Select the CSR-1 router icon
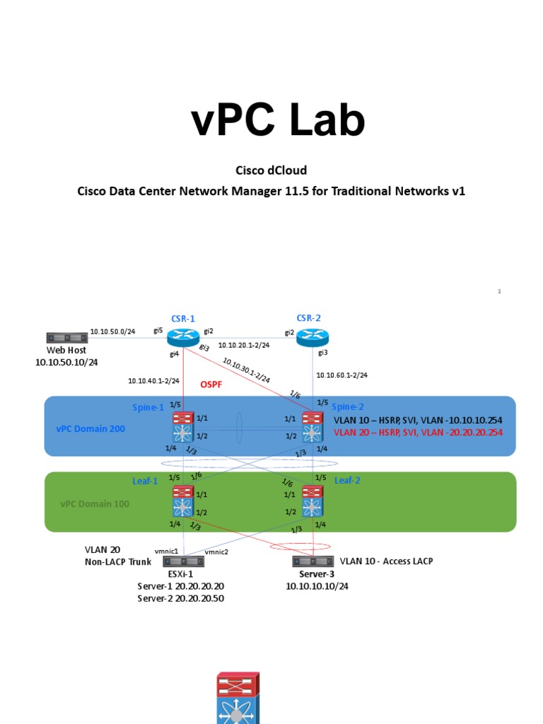click(x=183, y=338)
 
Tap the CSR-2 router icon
click(x=308, y=338)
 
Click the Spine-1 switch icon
click(x=183, y=428)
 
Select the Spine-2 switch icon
click(x=312, y=428)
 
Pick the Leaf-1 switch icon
click(x=183, y=501)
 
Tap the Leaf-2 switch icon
click(x=312, y=501)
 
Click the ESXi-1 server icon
click(x=183, y=561)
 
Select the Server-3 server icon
click(x=312, y=561)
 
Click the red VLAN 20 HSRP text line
click(x=418, y=431)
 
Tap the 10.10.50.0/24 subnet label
click(x=112, y=331)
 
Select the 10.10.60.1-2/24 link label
click(x=341, y=375)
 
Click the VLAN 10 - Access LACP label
click(x=386, y=561)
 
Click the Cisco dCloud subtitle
click(x=271, y=170)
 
